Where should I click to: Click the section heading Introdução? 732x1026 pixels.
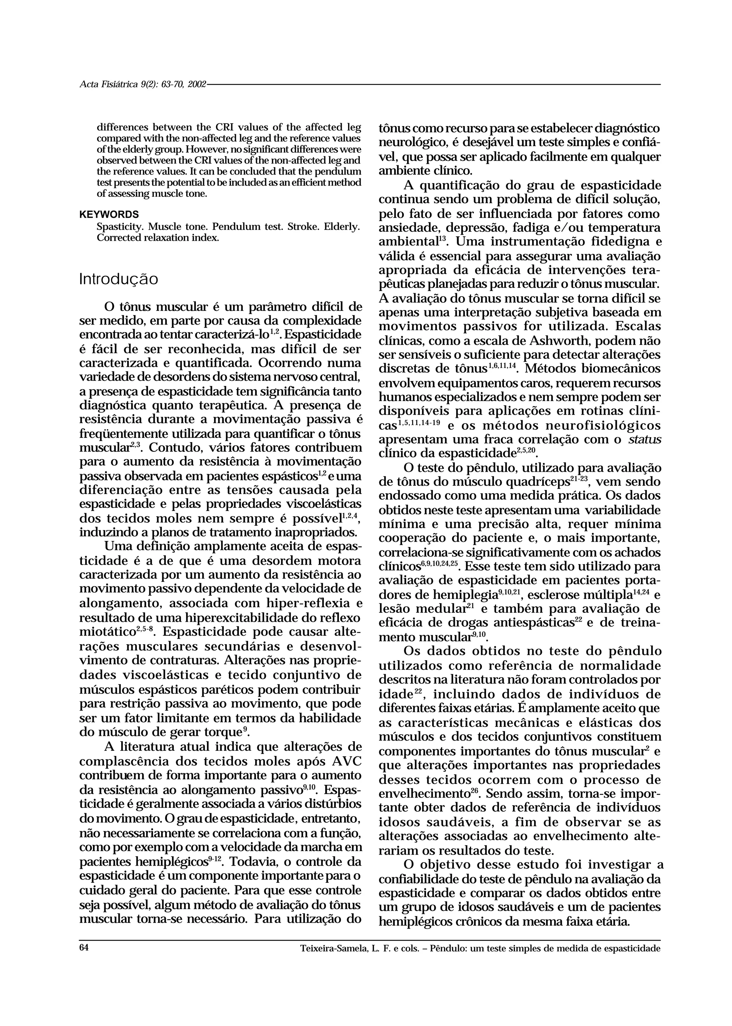[x=119, y=279]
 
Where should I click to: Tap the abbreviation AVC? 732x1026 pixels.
[x=347, y=761]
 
